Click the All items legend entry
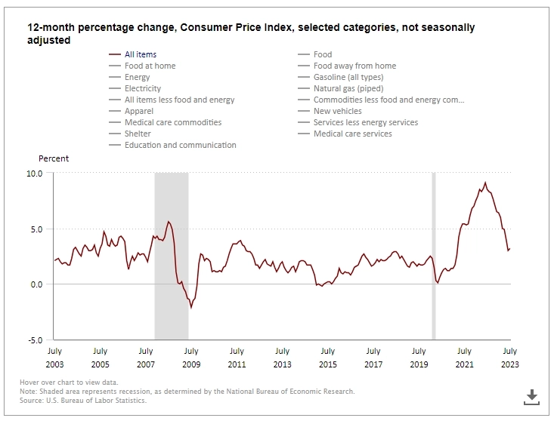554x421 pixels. coord(140,54)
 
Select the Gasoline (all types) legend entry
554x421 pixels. coord(348,77)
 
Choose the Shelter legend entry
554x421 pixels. coord(138,134)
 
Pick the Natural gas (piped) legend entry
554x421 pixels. coord(348,88)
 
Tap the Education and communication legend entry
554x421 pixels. coord(180,145)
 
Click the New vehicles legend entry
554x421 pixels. coord(336,111)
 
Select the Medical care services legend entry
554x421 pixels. coord(352,134)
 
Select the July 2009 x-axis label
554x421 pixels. coord(190,356)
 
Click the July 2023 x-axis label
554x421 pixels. coord(509,356)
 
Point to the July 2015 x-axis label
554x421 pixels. coord(327,356)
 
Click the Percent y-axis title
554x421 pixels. coord(54,158)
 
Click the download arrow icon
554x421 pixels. coord(531,396)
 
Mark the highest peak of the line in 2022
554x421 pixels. coord(485,183)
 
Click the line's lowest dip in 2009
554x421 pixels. coord(191,308)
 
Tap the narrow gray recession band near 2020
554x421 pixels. coord(434,257)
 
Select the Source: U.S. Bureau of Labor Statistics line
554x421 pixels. coord(84,400)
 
